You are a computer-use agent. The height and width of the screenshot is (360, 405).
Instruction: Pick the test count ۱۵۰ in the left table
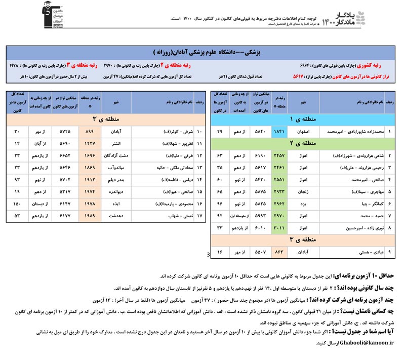[17, 204]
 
